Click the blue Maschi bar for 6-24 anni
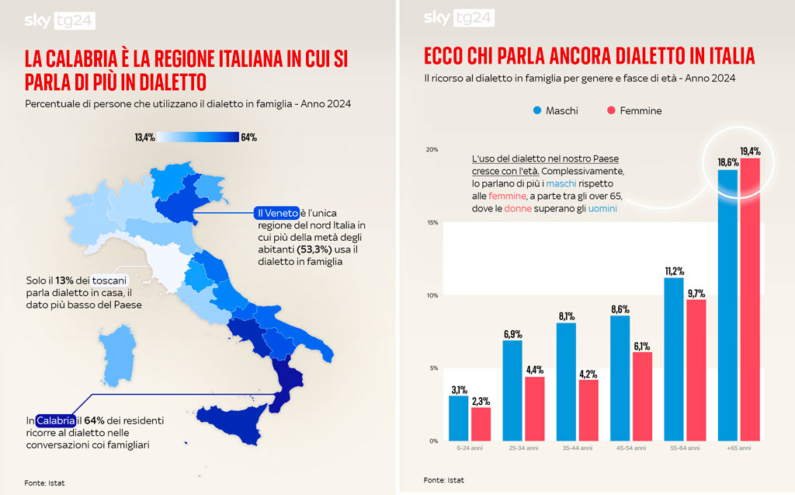[459, 418]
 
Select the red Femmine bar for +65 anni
[750, 299]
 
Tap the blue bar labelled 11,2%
[674, 359]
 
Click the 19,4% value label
[750, 152]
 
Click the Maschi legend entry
[555, 111]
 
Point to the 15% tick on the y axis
[432, 223]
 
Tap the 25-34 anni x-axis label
[522, 449]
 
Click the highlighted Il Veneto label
[277, 212]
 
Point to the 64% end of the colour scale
[249, 138]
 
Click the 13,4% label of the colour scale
[145, 138]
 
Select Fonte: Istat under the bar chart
[444, 480]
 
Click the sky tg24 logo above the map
[60, 20]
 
